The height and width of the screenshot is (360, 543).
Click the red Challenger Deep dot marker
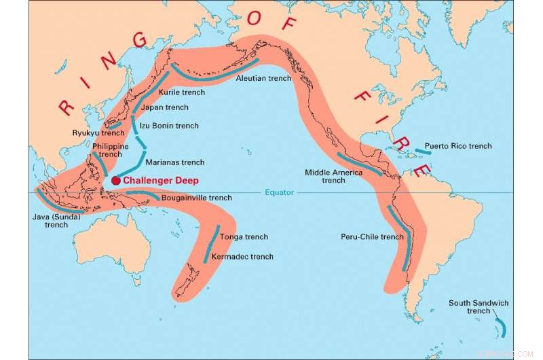tap(115, 180)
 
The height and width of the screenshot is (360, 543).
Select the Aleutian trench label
tap(263, 78)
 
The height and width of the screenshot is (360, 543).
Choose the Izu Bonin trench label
tap(169, 126)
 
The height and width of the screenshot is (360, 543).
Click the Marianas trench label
tap(174, 162)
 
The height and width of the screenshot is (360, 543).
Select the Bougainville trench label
tap(196, 198)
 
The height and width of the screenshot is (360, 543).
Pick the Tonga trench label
tap(244, 237)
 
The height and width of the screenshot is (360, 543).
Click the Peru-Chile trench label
tap(372, 237)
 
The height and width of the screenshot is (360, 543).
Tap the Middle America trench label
tap(333, 176)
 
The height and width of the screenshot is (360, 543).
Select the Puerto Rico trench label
tap(458, 146)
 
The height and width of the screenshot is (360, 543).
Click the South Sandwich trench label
tap(479, 307)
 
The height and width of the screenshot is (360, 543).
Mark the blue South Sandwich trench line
tap(501, 325)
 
